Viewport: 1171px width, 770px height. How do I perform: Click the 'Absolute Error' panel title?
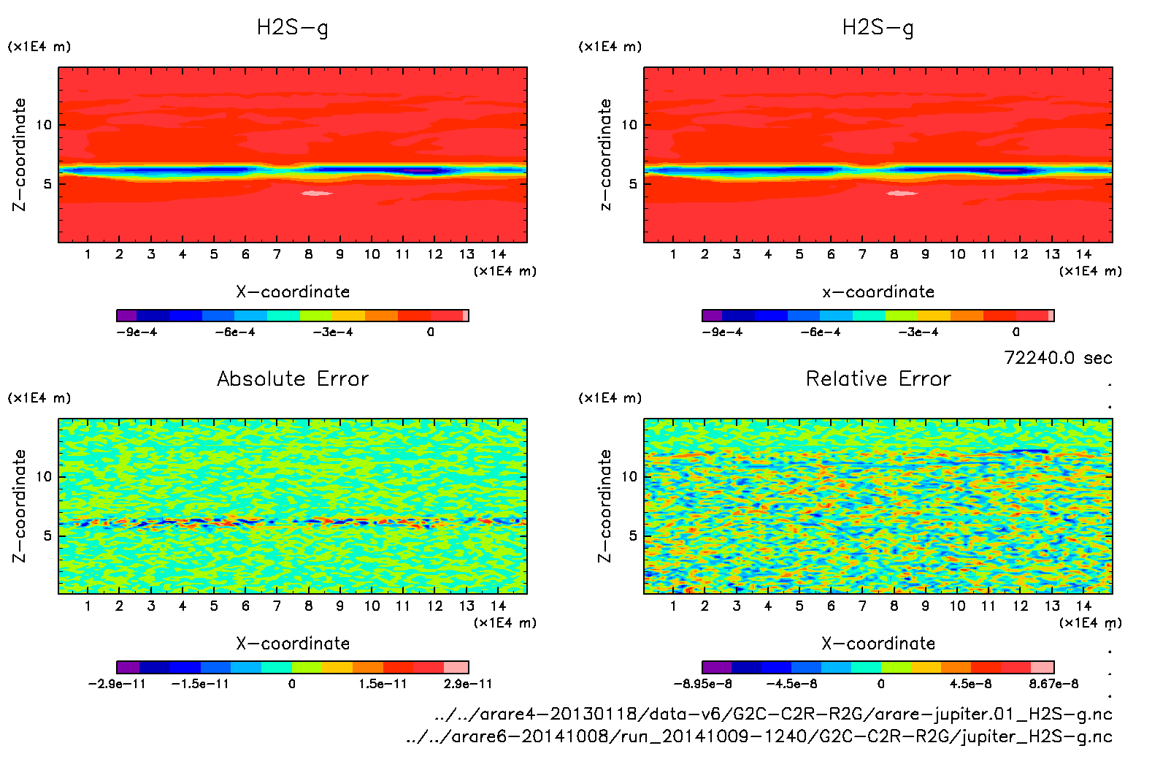point(293,379)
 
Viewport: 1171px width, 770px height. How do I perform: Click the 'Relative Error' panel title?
point(878,379)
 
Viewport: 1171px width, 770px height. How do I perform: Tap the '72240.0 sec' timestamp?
point(1058,358)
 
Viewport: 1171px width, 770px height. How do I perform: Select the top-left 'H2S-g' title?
point(293,28)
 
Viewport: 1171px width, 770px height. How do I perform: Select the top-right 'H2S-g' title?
point(878,28)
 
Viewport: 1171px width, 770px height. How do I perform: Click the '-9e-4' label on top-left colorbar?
point(137,332)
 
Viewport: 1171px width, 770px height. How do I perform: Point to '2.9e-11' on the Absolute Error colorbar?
point(467,685)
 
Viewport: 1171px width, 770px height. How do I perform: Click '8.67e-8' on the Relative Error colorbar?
point(1053,685)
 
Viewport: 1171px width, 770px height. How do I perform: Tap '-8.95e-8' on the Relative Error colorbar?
point(702,685)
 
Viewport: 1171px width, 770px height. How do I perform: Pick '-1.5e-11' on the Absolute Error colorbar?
point(200,685)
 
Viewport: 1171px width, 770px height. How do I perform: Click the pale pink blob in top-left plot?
point(317,194)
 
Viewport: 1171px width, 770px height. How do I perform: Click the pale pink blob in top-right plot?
point(902,194)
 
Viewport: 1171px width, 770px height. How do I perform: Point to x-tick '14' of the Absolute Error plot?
point(498,606)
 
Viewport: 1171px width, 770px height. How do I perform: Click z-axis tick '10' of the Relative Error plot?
point(629,477)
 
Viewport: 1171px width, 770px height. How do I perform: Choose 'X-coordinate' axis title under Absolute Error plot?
point(293,644)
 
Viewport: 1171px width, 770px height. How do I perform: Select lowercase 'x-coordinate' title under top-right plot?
point(878,292)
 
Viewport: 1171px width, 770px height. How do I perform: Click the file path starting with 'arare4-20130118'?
point(772,714)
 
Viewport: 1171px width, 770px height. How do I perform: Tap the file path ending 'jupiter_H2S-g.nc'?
point(759,736)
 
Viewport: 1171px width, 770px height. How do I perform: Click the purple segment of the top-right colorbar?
point(712,316)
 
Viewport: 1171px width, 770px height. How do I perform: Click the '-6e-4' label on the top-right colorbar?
point(820,332)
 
